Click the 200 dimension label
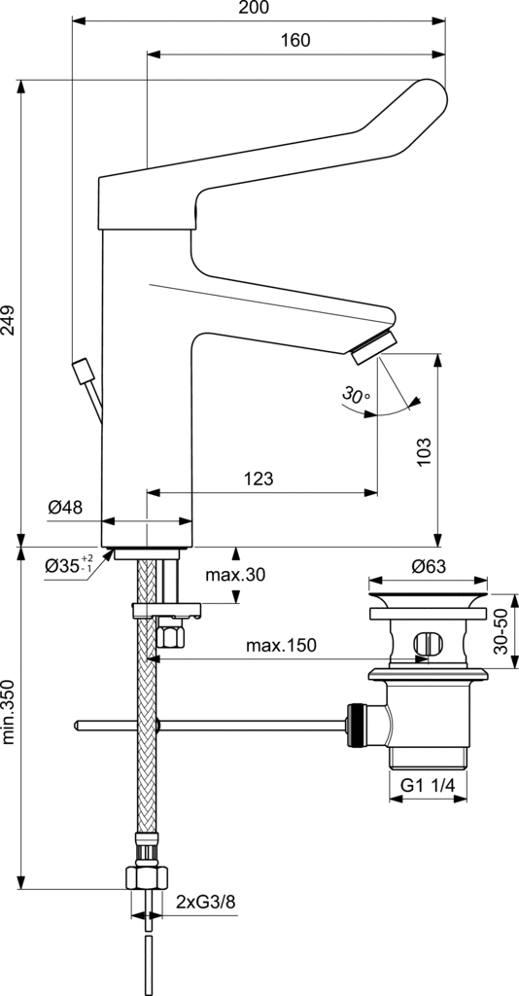(x=255, y=8)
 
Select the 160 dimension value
(x=295, y=41)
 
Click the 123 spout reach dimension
(x=259, y=479)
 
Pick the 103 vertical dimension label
(x=425, y=451)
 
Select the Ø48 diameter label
(x=66, y=507)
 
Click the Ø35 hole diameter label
(x=69, y=564)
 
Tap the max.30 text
(x=235, y=575)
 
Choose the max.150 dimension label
(x=281, y=646)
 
